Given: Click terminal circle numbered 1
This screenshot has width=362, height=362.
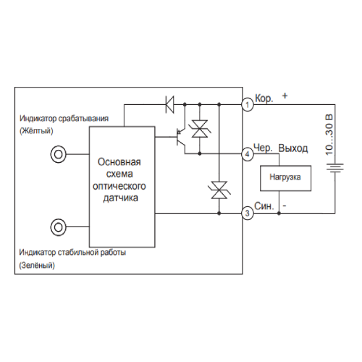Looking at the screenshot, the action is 248,105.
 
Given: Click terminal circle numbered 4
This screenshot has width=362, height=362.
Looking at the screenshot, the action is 248,154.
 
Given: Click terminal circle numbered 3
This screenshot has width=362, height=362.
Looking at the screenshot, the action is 248,214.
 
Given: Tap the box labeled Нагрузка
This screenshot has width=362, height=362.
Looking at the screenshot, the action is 285,178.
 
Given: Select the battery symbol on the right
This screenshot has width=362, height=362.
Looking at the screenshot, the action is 335,168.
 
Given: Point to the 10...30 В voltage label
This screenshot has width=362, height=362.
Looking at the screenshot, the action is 329,135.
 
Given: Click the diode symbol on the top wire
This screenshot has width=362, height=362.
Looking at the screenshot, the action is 169,104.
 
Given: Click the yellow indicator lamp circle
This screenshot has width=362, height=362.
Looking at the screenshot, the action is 58,154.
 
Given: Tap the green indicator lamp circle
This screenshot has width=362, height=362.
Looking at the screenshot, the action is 58,227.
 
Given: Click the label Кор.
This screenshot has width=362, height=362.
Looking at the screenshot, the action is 264,98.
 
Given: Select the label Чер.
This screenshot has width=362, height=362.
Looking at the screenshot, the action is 263,148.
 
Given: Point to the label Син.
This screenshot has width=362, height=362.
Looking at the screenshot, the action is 264,206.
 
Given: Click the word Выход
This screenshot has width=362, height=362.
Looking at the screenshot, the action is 293,148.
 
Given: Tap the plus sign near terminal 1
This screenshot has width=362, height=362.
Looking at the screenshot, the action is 285,96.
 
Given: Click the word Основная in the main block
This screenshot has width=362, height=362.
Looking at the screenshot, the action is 119,162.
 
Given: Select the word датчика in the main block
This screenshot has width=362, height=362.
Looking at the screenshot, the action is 121,198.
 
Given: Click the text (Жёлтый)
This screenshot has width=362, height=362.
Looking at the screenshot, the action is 36,131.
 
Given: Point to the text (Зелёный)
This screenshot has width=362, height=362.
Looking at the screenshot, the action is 37,265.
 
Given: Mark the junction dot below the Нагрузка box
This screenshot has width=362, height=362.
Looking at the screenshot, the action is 279,214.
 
